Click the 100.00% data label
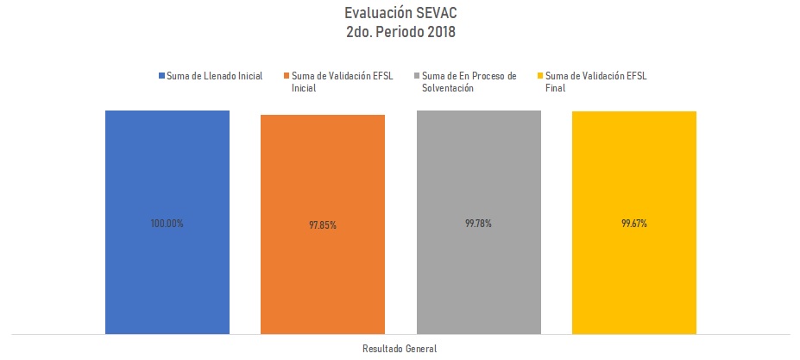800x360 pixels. (x=167, y=224)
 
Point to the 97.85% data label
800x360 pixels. (x=323, y=225)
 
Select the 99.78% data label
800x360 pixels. (x=478, y=224)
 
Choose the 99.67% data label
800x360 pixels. (x=633, y=224)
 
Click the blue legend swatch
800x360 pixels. (x=161, y=76)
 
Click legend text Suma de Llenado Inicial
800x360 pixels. (x=214, y=76)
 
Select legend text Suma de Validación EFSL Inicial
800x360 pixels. (x=343, y=81)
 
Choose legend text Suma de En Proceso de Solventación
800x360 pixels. (x=469, y=81)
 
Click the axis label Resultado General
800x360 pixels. (x=400, y=349)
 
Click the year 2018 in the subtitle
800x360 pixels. (x=438, y=32)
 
